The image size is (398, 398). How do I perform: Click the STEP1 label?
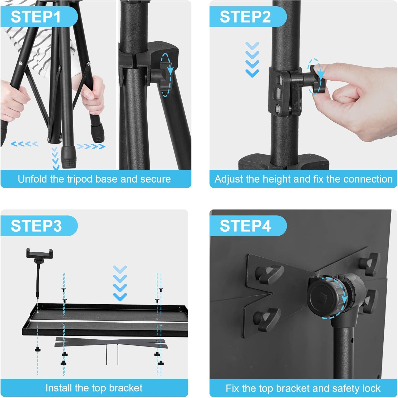[x=36, y=17]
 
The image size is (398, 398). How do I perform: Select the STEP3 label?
[x=36, y=226]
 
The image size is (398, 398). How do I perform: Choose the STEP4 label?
[x=245, y=226]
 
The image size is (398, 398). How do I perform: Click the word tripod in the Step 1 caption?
[x=80, y=179]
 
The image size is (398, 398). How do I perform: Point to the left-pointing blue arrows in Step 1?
[x=25, y=144]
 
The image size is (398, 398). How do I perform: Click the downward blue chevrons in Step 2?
[x=252, y=59]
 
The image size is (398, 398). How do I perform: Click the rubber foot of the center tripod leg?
[x=67, y=158]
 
